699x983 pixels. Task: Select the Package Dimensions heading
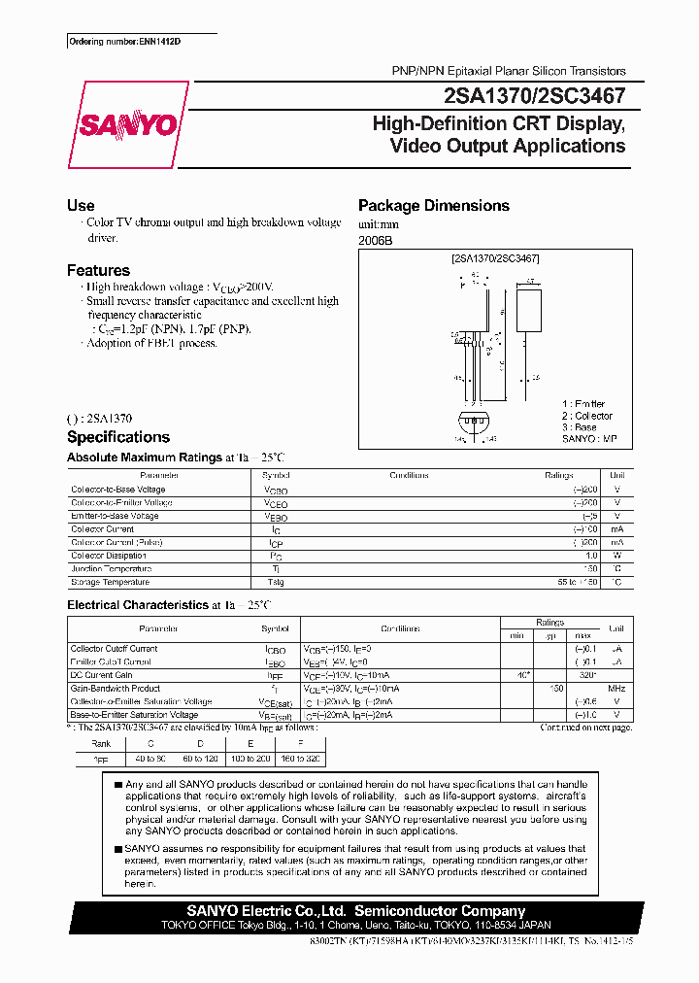tap(434, 206)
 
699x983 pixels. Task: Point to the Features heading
tap(98, 271)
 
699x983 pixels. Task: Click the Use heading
tap(81, 206)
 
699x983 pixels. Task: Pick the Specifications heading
tap(118, 437)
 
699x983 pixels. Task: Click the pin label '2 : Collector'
tap(586, 416)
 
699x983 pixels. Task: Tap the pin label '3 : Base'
tap(580, 427)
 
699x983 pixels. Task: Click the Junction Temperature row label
tap(111, 569)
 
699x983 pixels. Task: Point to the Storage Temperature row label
tap(110, 582)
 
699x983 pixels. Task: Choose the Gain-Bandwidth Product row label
tap(115, 688)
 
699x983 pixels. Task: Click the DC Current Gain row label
tap(101, 675)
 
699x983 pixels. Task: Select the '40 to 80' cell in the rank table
tap(150, 759)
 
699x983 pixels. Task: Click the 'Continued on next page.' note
tap(585, 727)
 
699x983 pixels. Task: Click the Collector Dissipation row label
tap(109, 556)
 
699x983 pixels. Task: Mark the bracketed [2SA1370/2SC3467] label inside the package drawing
tap(495, 258)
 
